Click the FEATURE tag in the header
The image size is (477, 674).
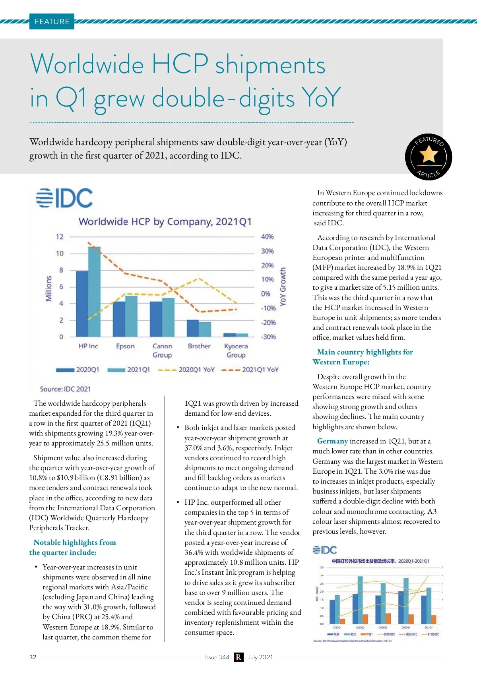point(52,21)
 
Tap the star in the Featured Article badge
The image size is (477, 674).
point(429,154)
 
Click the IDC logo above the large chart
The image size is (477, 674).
point(64,198)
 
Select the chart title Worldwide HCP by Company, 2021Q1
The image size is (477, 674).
point(165,221)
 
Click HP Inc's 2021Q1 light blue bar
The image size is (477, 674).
point(94,292)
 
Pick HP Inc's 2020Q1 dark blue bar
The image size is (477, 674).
point(82,304)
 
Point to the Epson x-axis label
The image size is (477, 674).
point(125,346)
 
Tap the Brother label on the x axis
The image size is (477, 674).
point(199,346)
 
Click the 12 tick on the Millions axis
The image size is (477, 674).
point(60,237)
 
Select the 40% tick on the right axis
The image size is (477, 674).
point(267,237)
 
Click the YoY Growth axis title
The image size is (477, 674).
point(283,287)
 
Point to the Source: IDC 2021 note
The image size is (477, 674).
point(65,389)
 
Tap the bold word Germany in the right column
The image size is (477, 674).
point(332,441)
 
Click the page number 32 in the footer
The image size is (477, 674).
point(33,657)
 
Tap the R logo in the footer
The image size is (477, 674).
point(238,657)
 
